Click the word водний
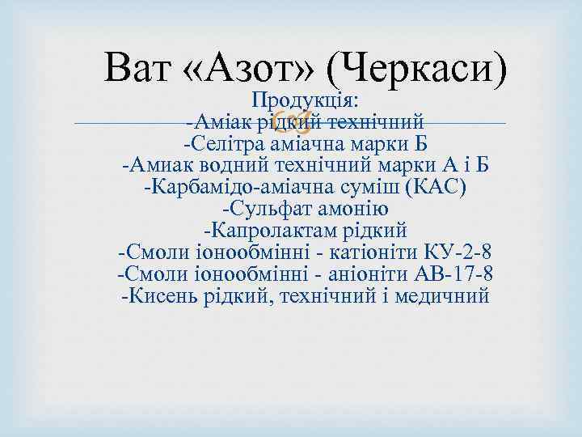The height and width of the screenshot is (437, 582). coord(233,166)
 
